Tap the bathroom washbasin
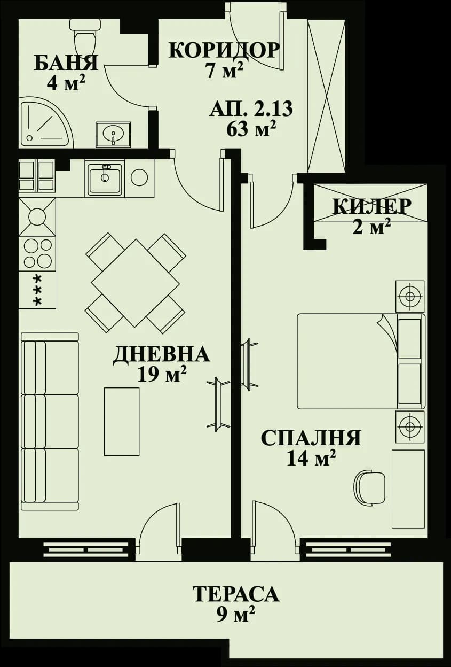tap(113, 134)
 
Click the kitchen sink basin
tap(105, 178)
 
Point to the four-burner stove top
tap(37, 253)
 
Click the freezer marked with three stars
tap(37, 290)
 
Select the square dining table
tap(135, 282)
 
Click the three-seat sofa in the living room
tap(49, 421)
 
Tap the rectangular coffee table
tap(122, 422)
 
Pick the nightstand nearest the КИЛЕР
tap(409, 296)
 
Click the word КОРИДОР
tap(224, 50)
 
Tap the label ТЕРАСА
tap(235, 594)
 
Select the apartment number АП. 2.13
tap(250, 109)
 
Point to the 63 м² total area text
tap(251, 129)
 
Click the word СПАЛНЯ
tap(311, 438)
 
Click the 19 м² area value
tap(161, 375)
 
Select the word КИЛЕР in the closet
tap(371, 206)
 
